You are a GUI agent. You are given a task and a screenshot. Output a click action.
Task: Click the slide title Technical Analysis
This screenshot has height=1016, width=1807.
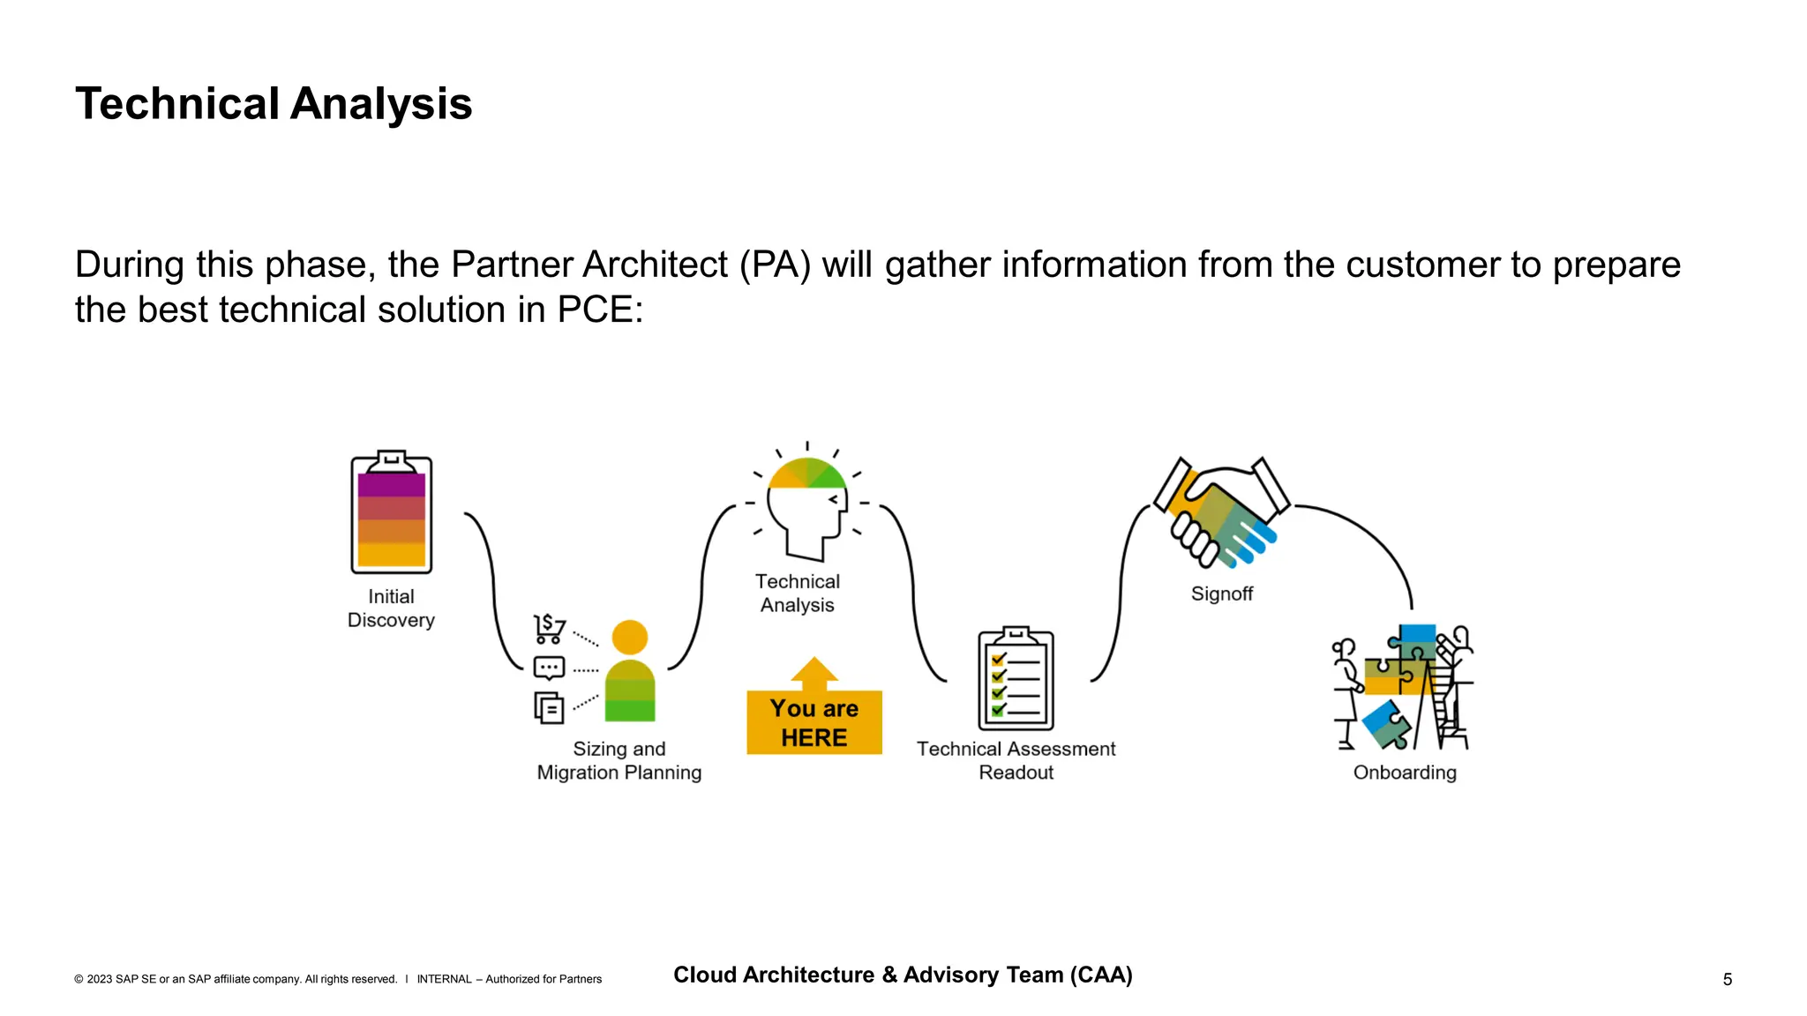(274, 104)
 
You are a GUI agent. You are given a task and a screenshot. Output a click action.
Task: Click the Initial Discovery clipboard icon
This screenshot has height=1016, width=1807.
(392, 512)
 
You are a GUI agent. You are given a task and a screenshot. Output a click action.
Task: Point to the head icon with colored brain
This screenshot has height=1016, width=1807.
(806, 507)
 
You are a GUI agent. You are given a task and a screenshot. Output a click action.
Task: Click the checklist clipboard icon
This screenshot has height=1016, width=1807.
(1016, 679)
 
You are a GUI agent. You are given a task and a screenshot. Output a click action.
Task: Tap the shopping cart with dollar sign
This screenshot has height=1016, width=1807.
(550, 628)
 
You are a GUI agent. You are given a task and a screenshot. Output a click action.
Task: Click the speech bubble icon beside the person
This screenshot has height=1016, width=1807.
(549, 669)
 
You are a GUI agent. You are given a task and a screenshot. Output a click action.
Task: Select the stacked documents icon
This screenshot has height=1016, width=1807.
(549, 707)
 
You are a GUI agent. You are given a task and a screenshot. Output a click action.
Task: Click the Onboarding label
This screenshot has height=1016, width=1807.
(1405, 773)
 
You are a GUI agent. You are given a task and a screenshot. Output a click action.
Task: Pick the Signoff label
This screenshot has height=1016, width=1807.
(1221, 594)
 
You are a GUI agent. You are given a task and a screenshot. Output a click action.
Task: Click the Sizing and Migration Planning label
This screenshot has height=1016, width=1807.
(619, 760)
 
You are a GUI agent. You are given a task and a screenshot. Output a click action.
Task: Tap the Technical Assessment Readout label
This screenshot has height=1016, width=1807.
(1016, 760)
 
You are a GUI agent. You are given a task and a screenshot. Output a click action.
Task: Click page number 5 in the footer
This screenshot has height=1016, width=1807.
(1727, 979)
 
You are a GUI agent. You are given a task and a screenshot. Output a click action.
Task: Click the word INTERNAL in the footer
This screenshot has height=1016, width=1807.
(444, 979)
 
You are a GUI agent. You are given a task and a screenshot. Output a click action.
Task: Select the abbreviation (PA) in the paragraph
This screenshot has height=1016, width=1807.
(775, 265)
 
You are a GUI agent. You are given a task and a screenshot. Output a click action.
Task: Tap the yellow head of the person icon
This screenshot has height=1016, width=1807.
(629, 638)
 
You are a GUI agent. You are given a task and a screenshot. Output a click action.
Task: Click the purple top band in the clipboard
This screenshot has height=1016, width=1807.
(392, 485)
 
